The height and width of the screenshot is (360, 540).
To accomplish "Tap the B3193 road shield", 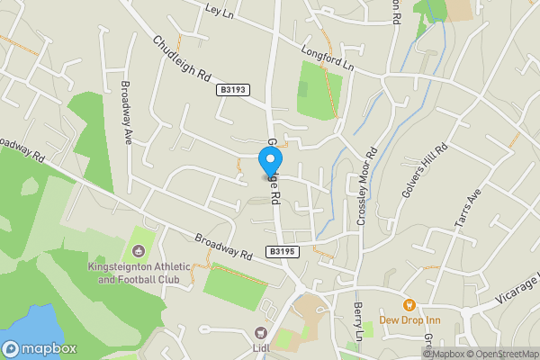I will coord(232,90).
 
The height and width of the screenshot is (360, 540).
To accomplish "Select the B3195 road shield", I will coord(282,253).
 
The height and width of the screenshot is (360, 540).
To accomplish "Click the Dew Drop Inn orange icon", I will coord(409,304).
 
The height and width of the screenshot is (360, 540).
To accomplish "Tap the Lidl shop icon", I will coord(263,332).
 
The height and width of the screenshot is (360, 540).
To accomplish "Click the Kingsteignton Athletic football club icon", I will coord(139,250).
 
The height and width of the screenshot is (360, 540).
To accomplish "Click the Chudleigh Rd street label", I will coord(180,58).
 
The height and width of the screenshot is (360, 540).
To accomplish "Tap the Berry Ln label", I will coord(358,320).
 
